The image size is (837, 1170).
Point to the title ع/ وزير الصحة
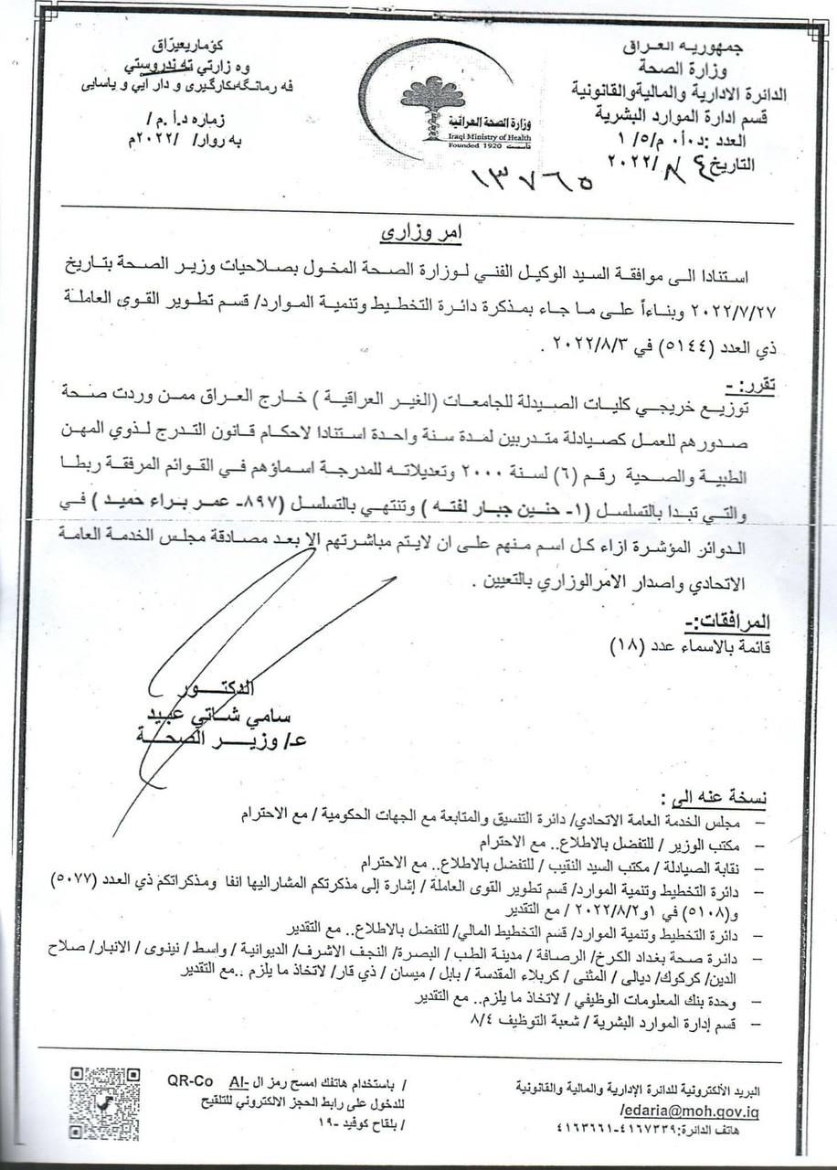click(225, 741)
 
